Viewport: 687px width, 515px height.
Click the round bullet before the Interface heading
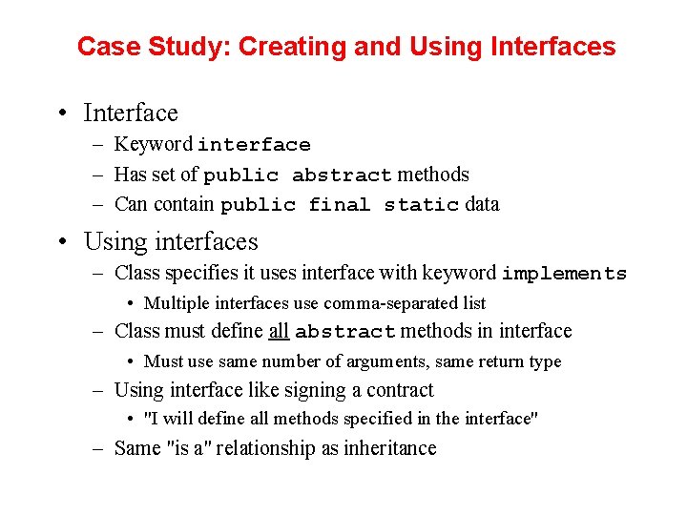(x=60, y=113)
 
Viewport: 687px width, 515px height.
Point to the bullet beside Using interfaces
(x=60, y=242)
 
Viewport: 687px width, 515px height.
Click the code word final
(x=339, y=205)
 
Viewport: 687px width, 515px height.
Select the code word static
(x=421, y=205)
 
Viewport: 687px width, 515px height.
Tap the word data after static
(x=482, y=204)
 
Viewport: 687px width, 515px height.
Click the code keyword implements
(x=564, y=275)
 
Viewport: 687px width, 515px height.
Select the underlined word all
(x=279, y=332)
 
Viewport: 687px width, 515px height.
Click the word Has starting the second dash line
(x=130, y=175)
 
